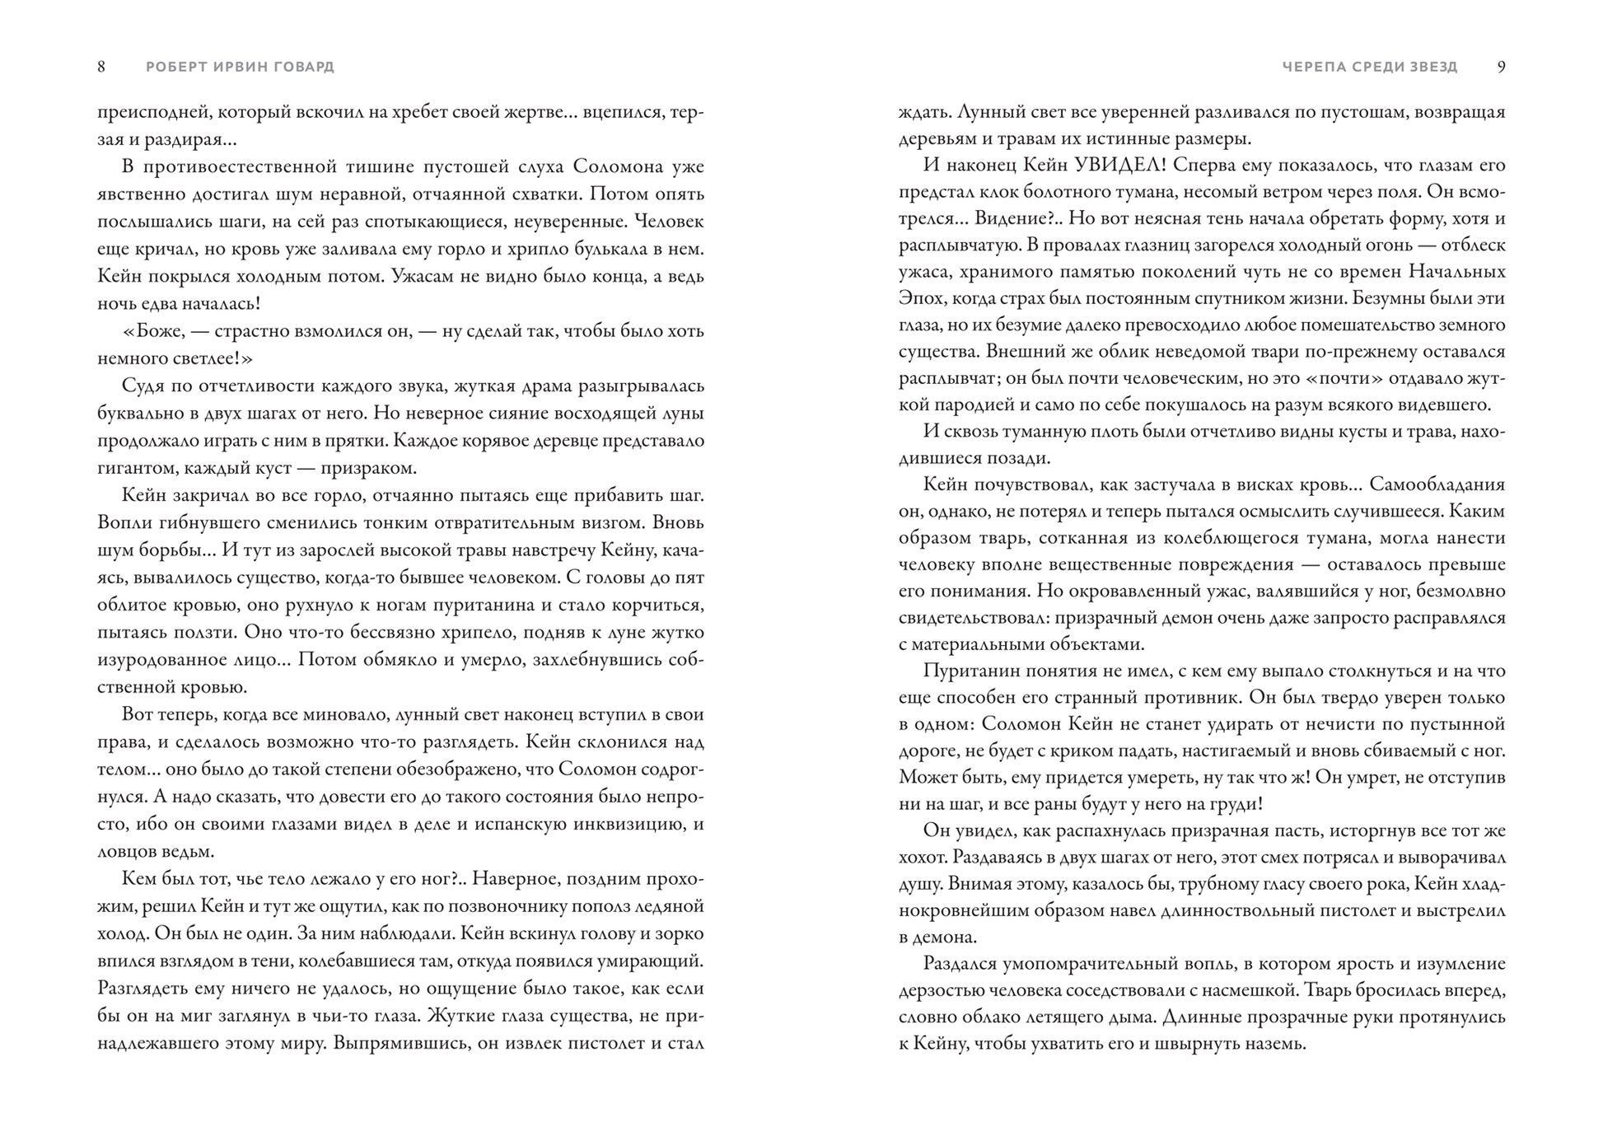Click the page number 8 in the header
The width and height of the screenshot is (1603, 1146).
(101, 67)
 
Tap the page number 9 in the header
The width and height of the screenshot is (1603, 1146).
(1501, 67)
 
